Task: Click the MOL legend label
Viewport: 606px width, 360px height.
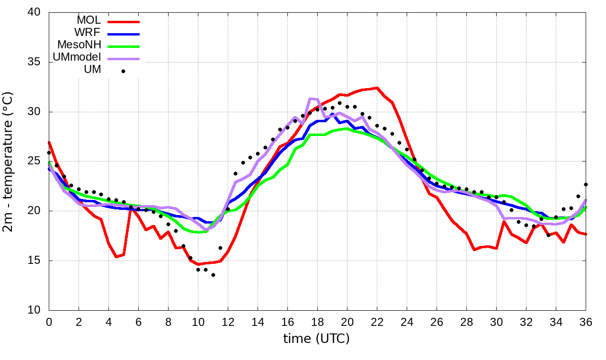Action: [89, 21]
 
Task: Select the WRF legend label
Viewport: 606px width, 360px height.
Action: [88, 33]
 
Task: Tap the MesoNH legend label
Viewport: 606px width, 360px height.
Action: [79, 45]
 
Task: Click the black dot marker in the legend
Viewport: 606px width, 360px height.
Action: [123, 71]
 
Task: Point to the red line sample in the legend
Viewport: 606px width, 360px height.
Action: [124, 22]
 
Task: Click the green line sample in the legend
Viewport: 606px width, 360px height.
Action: [124, 46]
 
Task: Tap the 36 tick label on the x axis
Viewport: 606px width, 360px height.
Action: [586, 322]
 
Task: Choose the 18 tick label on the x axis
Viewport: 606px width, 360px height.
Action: [317, 322]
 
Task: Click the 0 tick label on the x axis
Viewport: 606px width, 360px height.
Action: [49, 322]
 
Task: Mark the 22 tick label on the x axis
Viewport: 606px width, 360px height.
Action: [377, 322]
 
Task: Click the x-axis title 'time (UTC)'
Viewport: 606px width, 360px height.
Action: [316, 339]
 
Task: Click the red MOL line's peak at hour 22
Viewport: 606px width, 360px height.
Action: [377, 88]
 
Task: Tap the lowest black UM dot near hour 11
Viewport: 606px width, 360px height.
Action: [213, 275]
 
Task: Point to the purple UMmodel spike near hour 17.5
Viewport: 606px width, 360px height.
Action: [310, 99]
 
